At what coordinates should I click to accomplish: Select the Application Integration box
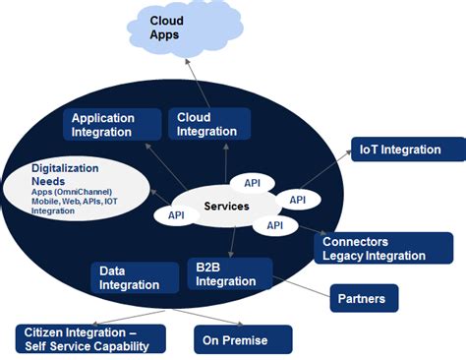(114, 124)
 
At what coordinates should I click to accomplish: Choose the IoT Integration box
(408, 150)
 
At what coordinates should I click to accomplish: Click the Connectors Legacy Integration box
(374, 248)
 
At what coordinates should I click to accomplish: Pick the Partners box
(365, 297)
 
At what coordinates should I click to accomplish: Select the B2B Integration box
(229, 274)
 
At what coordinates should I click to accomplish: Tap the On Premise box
(243, 340)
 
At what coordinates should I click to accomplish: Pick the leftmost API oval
(177, 214)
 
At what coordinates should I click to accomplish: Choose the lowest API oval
(275, 226)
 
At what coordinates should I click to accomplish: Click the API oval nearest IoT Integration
(298, 200)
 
